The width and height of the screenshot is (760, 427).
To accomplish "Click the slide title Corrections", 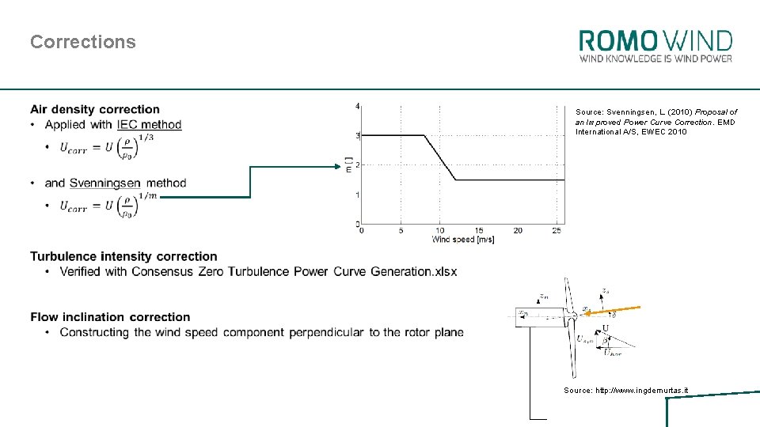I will coord(83,42).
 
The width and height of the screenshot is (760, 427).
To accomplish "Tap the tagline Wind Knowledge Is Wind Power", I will coord(655,59).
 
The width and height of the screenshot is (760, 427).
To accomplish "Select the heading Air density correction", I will coord(95,109).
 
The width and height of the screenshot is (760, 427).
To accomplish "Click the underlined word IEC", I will coord(127,124).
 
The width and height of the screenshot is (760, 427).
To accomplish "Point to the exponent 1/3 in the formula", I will coord(145,137).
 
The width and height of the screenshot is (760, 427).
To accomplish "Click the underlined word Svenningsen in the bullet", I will coord(104,183).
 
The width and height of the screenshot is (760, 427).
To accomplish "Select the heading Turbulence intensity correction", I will coord(123,256).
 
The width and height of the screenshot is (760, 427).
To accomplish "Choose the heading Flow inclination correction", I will coord(110,317).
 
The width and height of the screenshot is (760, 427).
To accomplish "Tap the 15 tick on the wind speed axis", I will coord(479,230).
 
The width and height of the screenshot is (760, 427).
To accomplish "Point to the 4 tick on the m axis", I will coord(358,106).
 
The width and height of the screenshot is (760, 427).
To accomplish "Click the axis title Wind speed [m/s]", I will coord(463,240).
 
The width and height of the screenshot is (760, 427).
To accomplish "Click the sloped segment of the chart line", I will coord(440,158).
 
